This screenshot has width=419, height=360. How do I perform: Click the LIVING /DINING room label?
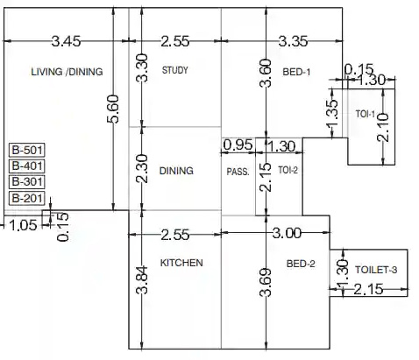[x=67, y=72]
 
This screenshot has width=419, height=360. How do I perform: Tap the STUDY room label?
[x=175, y=70]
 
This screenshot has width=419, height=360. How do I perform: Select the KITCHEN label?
[x=181, y=263]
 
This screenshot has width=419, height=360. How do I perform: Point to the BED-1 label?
[x=296, y=72]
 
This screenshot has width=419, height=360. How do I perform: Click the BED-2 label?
[x=301, y=264]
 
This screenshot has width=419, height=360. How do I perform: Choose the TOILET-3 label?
[x=376, y=270]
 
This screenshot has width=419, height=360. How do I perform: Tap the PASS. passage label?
[x=238, y=172]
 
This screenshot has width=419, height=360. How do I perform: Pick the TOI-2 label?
[x=288, y=170]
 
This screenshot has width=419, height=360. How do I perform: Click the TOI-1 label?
[x=366, y=114]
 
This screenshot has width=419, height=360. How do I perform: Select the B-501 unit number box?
[x=27, y=150]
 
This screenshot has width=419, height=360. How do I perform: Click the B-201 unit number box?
[x=27, y=199]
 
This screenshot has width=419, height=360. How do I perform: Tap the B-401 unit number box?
[x=27, y=166]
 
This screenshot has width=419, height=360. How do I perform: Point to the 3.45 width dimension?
[x=66, y=41]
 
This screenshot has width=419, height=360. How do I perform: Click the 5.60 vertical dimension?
[x=113, y=109]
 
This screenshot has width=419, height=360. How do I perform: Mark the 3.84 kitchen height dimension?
[x=142, y=279]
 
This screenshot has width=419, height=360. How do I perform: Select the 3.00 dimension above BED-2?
[x=287, y=233]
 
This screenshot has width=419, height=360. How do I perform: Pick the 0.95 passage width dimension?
[x=238, y=145]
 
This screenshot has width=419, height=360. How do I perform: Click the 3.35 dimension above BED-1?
[x=293, y=41]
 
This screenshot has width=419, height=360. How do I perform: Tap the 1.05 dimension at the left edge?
[x=23, y=225]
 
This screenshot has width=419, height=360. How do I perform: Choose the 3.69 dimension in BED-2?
[x=266, y=282]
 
